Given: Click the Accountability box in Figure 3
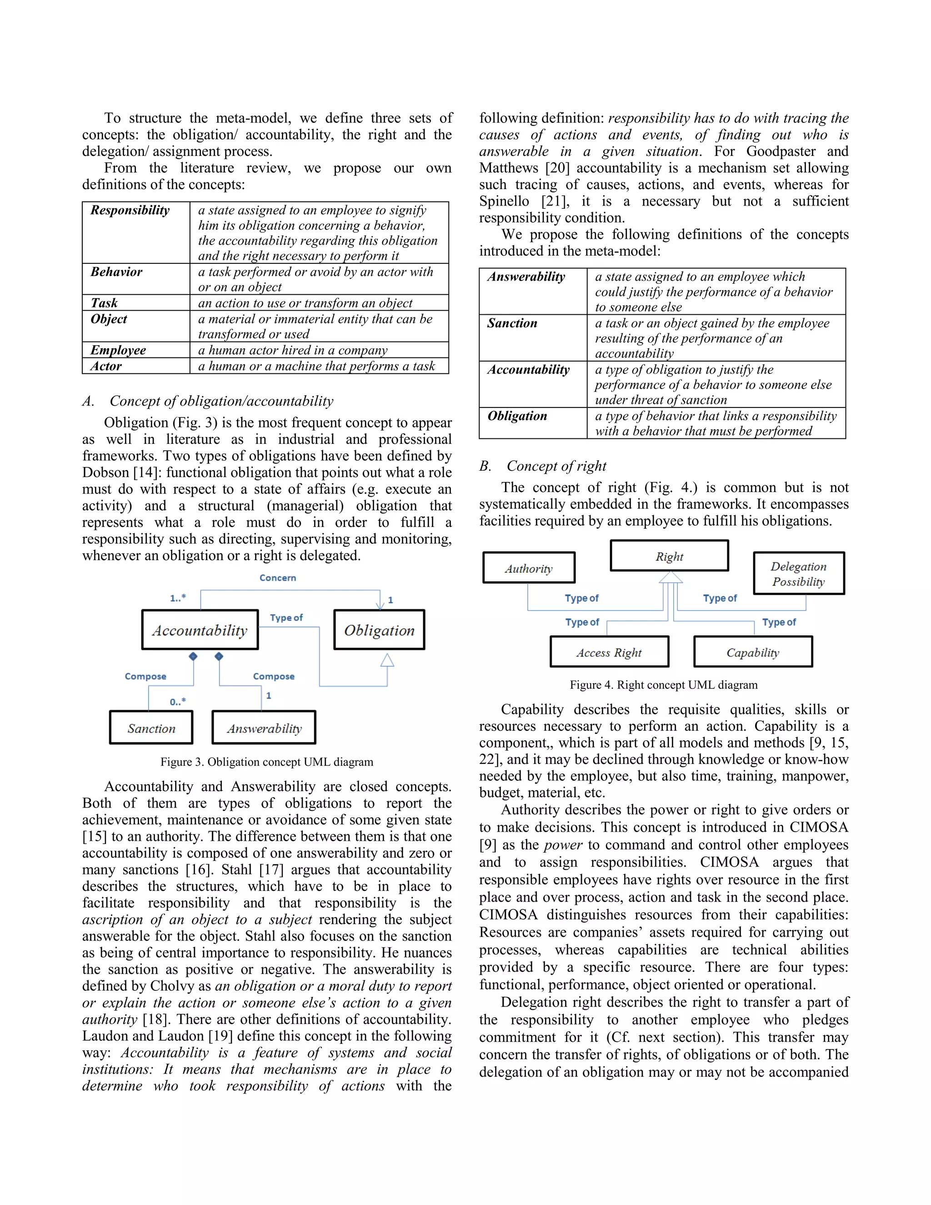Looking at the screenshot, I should [x=200, y=629].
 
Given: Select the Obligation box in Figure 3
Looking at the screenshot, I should [x=379, y=629].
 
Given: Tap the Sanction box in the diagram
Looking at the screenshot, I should [x=151, y=728].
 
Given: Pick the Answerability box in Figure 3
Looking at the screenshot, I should [x=264, y=728].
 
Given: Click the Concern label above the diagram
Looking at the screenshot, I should [x=277, y=577].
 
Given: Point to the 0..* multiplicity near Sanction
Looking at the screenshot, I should [x=178, y=702].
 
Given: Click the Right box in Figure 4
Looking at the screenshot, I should [x=669, y=556].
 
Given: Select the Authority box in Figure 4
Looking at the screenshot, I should [x=528, y=568].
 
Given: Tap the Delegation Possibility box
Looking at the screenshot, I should [x=798, y=573].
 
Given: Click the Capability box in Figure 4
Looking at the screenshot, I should [x=752, y=652].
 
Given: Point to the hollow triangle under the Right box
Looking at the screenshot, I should [x=670, y=577].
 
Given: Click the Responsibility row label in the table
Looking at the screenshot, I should [x=130, y=210].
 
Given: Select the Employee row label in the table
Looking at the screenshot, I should [x=118, y=350].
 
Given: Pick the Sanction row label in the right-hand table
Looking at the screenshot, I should [x=512, y=323].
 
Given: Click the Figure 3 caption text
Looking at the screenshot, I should [x=266, y=762].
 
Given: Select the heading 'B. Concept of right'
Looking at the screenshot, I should [x=543, y=466].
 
